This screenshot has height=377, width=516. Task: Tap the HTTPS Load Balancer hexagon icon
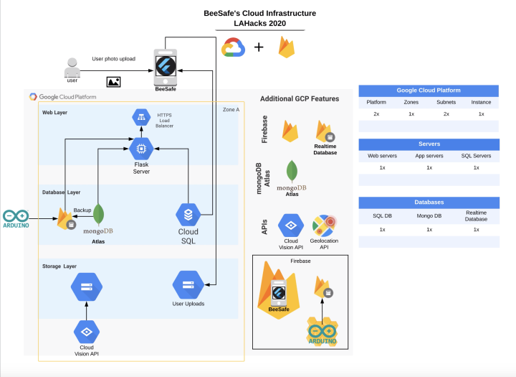pyautogui.click(x=140, y=116)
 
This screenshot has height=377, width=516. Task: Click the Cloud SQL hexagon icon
pyautogui.click(x=188, y=214)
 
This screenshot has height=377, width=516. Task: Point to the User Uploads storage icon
pyautogui.click(x=188, y=285)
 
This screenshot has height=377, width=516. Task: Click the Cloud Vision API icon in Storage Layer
pyautogui.click(x=87, y=332)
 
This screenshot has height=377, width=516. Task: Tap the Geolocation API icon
pyautogui.click(x=324, y=225)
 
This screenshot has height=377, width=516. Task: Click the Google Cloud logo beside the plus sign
pyautogui.click(x=234, y=47)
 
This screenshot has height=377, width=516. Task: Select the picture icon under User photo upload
pyautogui.click(x=113, y=82)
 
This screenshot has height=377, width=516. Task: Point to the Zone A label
pyautogui.click(x=229, y=108)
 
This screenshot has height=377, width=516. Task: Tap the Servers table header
pyautogui.click(x=429, y=144)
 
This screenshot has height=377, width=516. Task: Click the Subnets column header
pyautogui.click(x=446, y=103)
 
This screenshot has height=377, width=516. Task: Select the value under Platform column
pyautogui.click(x=376, y=114)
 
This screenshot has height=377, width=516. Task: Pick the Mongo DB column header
pyautogui.click(x=429, y=215)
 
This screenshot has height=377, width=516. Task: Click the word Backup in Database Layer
pyautogui.click(x=82, y=210)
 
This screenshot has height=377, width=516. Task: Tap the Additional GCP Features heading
pyautogui.click(x=300, y=98)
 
